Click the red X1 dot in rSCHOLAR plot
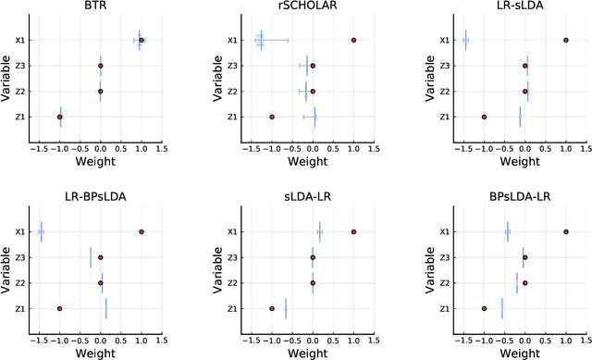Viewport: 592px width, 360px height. pos(353,41)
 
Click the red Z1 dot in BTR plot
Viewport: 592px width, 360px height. pos(60,117)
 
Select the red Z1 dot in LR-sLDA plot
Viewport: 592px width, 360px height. pos(484,117)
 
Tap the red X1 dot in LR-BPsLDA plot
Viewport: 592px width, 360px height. pos(142,232)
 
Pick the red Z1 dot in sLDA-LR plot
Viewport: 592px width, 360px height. pos(272,308)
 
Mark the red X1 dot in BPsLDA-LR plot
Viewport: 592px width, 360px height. pos(565,232)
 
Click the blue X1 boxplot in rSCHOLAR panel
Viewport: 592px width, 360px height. pos(261,41)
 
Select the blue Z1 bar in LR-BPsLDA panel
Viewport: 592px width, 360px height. pos(105,308)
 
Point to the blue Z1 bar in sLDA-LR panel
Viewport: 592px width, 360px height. pos(286,308)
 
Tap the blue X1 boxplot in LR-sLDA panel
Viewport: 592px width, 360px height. pos(465,41)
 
